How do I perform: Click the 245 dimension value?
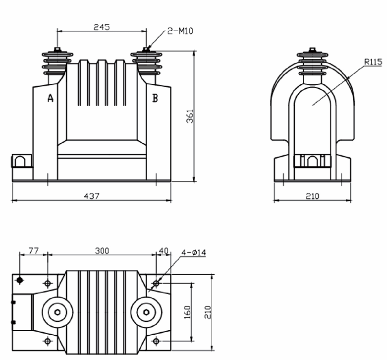102,27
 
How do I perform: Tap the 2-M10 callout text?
180,31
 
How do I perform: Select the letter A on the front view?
51,98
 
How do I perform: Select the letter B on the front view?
155,98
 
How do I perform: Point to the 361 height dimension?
190,116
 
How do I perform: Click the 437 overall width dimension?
92,196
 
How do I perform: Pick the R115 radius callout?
373,61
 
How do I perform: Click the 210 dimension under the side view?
313,196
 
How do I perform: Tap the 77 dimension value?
34,250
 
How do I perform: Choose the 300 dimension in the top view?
102,250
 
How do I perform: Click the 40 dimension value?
164,250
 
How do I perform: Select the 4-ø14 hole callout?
194,252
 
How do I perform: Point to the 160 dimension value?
188,312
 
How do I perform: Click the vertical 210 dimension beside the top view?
208,312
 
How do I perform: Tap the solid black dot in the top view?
19,280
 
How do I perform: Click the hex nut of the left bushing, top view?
57,312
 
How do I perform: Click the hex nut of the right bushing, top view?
146,312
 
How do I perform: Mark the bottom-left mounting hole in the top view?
48,341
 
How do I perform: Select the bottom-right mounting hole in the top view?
156,341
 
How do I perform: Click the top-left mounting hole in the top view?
48,283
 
